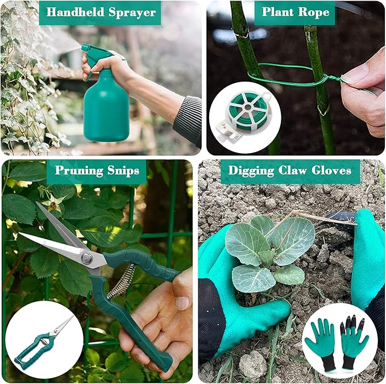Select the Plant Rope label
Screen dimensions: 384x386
click(x=295, y=12)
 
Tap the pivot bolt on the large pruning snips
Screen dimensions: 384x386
click(x=87, y=258)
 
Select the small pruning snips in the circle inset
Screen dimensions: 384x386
click(x=43, y=340)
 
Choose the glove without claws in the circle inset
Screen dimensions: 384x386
click(x=320, y=344)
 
